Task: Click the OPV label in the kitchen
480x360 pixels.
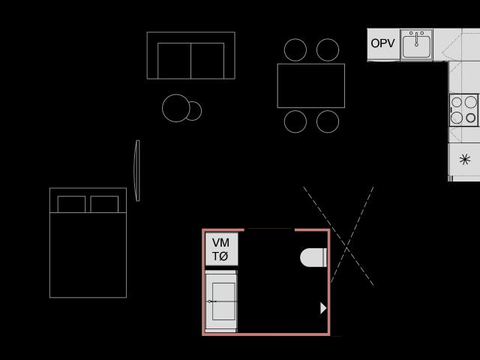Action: pos(382,43)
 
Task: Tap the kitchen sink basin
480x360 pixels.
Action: pos(416,46)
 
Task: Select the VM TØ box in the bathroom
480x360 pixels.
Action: pos(221,249)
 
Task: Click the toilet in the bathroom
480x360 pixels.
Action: pos(313,257)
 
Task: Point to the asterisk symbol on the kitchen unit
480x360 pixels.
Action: pos(465,159)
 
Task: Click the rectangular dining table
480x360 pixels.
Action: pos(311,85)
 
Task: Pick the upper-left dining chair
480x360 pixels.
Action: pos(295,50)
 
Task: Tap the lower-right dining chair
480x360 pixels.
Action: pos(328,121)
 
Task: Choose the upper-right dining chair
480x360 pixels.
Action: pos(328,50)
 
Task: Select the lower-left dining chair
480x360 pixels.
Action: pos(295,121)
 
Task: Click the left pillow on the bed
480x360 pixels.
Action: pos(72,204)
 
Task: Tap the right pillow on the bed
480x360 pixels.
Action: pos(104,204)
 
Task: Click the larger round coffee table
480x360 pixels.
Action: pos(176,108)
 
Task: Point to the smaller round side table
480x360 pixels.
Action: pos(196,111)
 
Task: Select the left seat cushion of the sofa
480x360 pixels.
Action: pos(174,61)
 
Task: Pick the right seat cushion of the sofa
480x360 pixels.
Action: pos(208,61)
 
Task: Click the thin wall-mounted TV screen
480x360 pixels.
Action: pos(136,171)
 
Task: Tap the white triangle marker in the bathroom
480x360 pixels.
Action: pos(323,308)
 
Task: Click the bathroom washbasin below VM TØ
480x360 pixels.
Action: pos(221,301)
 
